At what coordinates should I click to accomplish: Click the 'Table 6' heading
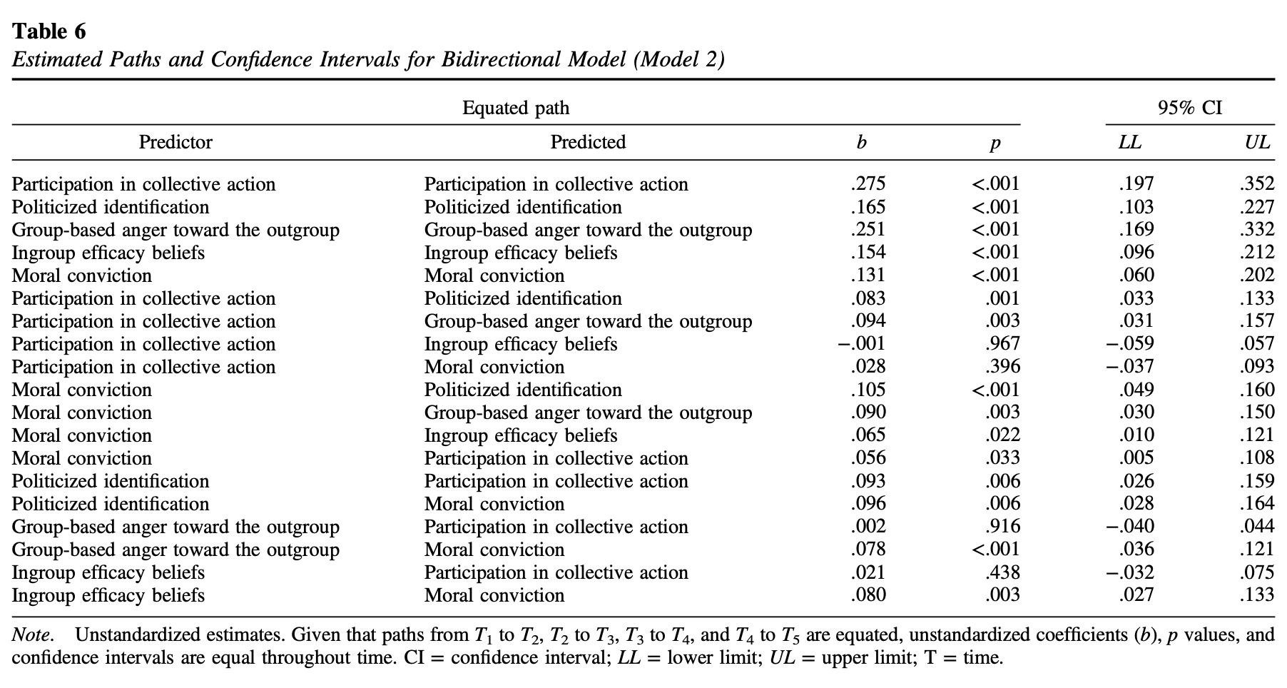[x=49, y=31]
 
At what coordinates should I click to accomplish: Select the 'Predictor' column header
[x=175, y=142]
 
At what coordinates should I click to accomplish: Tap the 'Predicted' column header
[x=588, y=142]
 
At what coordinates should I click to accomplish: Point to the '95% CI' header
[x=1190, y=108]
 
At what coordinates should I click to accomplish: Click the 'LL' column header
[x=1129, y=143]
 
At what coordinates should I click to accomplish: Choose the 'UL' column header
[x=1257, y=143]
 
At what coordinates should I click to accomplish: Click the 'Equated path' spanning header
[x=516, y=108]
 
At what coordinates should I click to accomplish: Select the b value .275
[x=868, y=184]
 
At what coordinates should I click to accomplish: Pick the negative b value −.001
[x=861, y=344]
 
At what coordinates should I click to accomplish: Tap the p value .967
[x=1002, y=344]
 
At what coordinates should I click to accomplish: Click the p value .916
[x=1002, y=527]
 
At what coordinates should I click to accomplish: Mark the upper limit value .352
[x=1257, y=184]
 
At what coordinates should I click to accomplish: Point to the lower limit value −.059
[x=1129, y=344]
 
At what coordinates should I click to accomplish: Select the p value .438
[x=1002, y=572]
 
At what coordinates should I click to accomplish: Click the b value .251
[x=868, y=230]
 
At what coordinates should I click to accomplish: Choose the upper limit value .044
[x=1257, y=527]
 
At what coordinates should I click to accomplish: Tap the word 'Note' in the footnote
[x=31, y=634]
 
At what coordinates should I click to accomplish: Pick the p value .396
[x=1002, y=367]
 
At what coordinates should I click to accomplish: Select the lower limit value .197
[x=1136, y=184]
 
